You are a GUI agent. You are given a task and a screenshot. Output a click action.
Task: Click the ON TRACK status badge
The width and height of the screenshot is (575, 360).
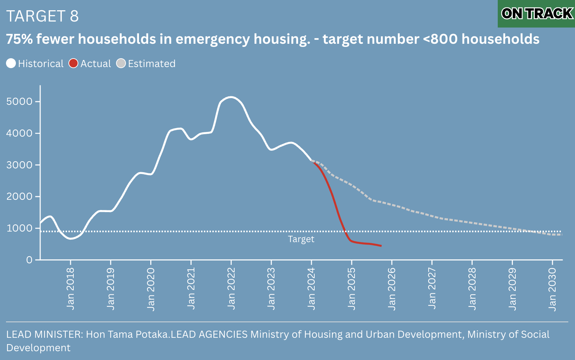(x=537, y=14)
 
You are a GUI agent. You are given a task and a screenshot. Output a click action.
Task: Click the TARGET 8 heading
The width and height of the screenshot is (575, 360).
(x=42, y=16)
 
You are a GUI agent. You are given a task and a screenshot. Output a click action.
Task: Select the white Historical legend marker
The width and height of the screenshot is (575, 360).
(x=11, y=64)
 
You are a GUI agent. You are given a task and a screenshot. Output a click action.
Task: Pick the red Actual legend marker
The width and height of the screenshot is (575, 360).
(x=73, y=64)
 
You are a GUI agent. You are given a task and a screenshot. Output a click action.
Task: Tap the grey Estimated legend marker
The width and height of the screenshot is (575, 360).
(x=121, y=64)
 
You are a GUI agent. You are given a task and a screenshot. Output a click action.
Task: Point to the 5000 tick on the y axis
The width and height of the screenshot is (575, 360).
(x=19, y=102)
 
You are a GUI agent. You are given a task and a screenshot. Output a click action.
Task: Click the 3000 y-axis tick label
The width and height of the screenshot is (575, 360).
(x=19, y=165)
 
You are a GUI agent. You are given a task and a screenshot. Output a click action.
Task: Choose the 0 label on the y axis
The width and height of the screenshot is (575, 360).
(x=29, y=260)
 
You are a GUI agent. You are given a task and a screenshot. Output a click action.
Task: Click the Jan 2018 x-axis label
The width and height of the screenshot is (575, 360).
(x=71, y=289)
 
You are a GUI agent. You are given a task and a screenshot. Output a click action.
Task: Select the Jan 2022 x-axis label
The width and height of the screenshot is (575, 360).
(x=231, y=289)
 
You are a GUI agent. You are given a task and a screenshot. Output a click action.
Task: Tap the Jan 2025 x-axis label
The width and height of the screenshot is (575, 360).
(x=351, y=289)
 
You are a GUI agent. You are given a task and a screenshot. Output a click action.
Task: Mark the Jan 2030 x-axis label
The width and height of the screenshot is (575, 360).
(x=552, y=289)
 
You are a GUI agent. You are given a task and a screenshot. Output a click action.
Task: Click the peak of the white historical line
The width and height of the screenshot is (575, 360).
(x=231, y=97)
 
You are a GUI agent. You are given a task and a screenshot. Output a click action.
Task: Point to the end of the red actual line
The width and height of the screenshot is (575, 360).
(x=381, y=246)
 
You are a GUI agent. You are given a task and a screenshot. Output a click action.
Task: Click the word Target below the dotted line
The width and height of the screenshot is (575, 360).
(x=301, y=239)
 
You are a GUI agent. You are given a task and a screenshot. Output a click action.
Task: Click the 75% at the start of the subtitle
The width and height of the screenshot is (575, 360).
(x=19, y=39)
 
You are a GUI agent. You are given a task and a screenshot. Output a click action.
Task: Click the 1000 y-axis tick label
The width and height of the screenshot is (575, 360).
(x=19, y=228)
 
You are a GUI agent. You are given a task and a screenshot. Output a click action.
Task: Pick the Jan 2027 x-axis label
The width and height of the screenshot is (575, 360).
(x=432, y=289)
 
